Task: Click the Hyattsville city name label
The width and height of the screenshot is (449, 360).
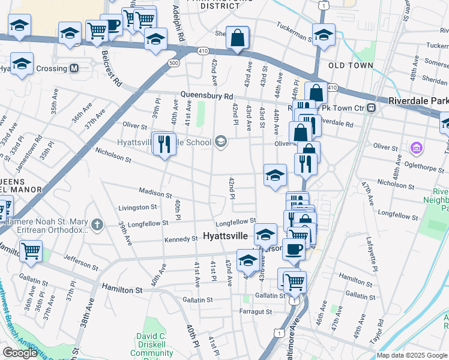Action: click(226, 236)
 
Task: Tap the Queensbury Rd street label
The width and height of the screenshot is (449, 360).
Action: click(207, 96)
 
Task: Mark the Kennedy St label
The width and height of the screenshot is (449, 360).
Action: click(181, 239)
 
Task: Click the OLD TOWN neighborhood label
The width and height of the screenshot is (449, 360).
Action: click(351, 65)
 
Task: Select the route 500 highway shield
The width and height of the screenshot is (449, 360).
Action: click(173, 62)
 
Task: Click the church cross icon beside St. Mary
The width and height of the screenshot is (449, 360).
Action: click(97, 226)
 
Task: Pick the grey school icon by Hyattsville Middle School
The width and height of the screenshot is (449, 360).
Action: click(220, 142)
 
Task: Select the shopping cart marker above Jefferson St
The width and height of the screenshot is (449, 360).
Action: click(31, 250)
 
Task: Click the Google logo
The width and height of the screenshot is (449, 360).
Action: click(20, 353)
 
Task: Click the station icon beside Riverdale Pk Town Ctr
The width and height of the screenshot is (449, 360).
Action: click(372, 108)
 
